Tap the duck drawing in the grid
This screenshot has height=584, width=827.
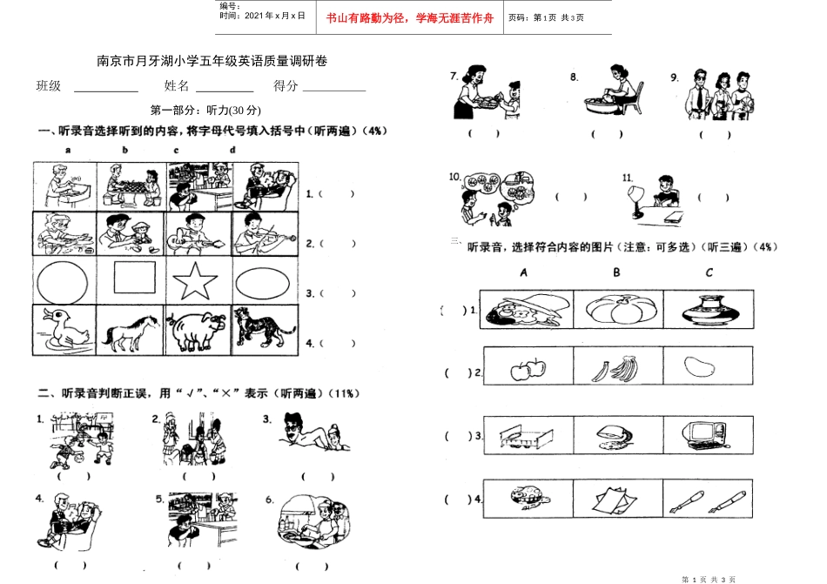(x=61, y=331)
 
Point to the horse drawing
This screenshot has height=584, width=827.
(x=131, y=332)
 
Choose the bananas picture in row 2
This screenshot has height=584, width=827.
(x=615, y=370)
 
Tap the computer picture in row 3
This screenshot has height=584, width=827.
(x=705, y=433)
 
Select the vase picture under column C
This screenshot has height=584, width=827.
(x=707, y=308)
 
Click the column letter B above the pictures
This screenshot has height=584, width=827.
(x=616, y=272)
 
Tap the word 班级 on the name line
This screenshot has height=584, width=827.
(x=49, y=85)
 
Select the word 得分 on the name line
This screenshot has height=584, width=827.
(x=286, y=85)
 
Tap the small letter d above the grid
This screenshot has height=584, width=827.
(x=232, y=149)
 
